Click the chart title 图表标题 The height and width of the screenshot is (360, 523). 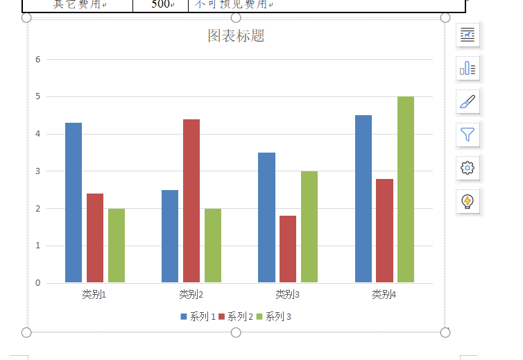tap(236, 36)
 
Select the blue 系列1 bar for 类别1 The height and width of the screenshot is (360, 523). tap(74, 203)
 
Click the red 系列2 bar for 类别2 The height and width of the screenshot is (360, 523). tap(191, 201)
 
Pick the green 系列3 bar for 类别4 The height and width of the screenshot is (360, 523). tap(406, 189)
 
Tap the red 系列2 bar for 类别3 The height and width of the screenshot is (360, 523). tap(288, 249)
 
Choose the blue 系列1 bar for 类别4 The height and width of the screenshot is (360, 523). tap(363, 199)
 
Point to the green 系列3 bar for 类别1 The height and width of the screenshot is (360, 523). tap(117, 246)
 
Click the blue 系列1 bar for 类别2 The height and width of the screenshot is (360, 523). tap(170, 236)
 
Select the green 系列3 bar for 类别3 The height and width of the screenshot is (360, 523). tap(309, 227)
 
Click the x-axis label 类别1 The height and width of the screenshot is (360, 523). tap(94, 294)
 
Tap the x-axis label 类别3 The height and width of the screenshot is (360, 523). tap(287, 294)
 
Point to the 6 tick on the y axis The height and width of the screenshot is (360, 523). tap(38, 60)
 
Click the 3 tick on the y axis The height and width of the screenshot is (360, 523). tap(38, 171)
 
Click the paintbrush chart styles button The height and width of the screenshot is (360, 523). tap(468, 101)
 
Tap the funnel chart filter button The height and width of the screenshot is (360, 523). tap(468, 135)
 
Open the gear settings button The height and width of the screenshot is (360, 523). tap(468, 167)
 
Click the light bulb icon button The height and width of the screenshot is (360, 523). tap(468, 201)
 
